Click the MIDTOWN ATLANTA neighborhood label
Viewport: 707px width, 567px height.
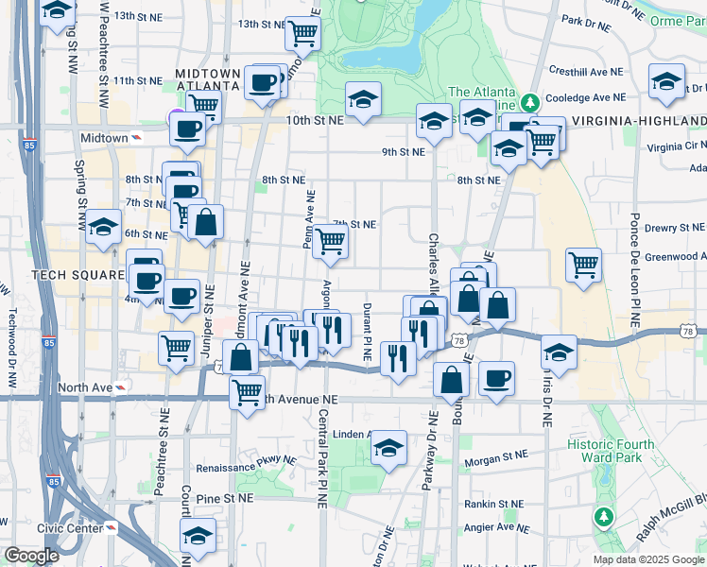[208, 80]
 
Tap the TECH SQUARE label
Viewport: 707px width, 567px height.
[78, 274]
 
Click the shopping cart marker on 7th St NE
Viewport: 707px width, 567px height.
[330, 241]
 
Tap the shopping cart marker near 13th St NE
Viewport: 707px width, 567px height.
[302, 33]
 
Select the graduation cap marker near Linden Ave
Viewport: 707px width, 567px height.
[388, 450]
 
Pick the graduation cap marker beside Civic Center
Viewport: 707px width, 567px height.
[198, 536]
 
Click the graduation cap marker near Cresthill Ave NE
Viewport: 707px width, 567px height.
[666, 81]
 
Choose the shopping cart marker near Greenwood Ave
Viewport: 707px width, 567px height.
[583, 265]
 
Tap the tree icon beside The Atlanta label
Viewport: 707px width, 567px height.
[531, 100]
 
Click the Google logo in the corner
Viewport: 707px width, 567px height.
[32, 556]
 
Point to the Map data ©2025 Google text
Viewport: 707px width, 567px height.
[649, 559]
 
